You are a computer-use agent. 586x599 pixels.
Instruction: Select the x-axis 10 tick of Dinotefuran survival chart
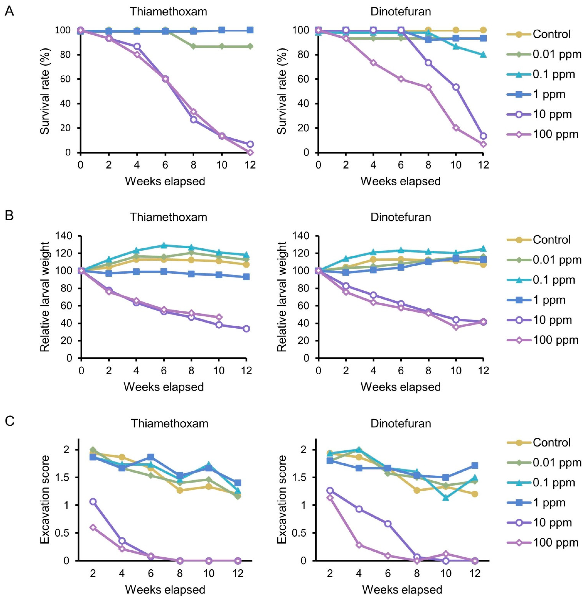[456, 165]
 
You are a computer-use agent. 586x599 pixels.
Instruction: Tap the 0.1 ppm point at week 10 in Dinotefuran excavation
[446, 497]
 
